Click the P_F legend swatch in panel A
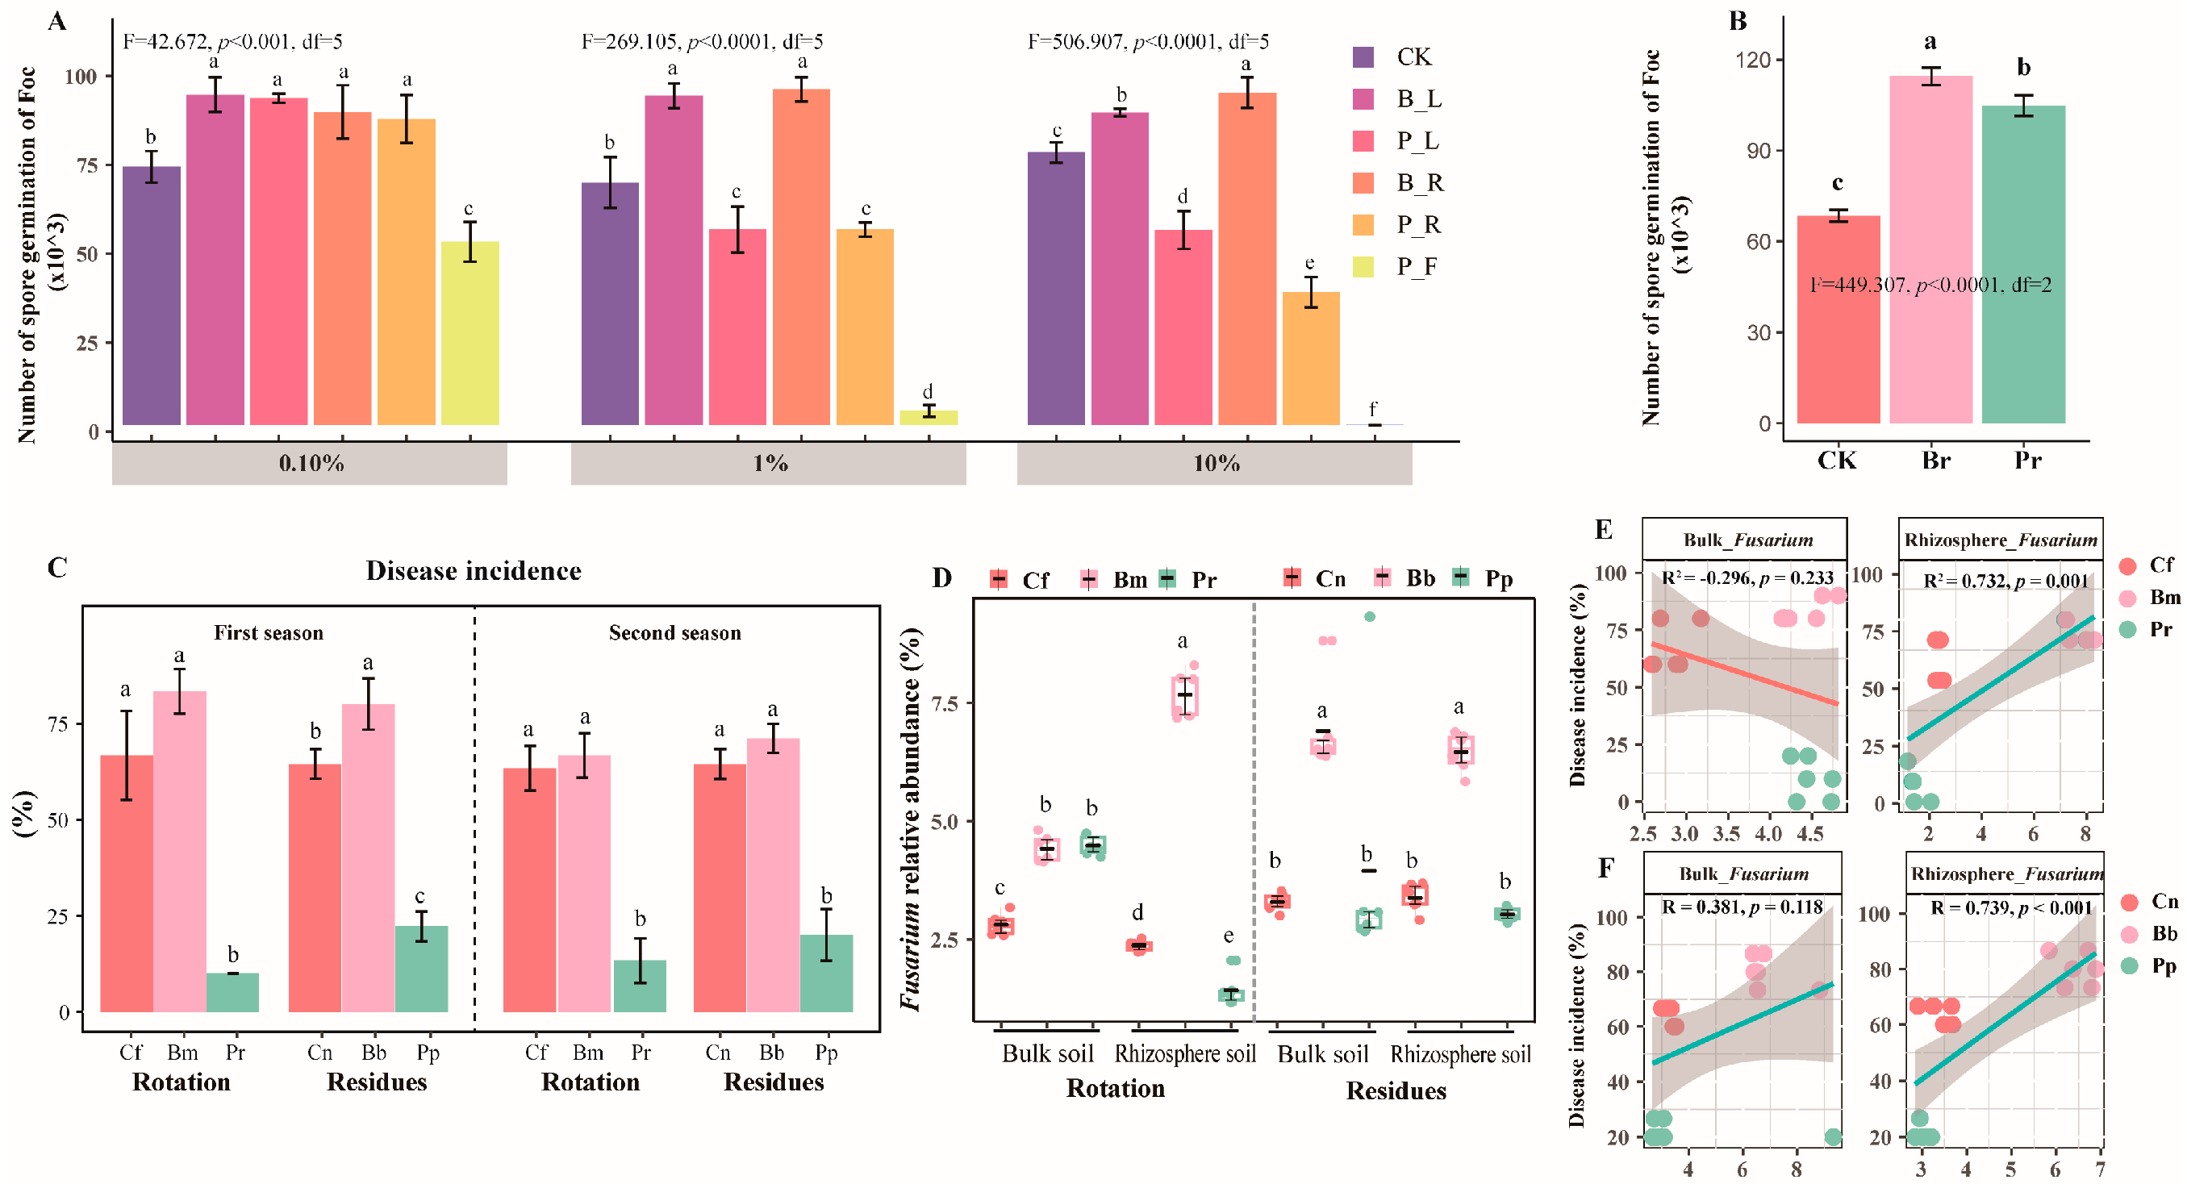pos(1363,266)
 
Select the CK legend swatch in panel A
pos(1363,57)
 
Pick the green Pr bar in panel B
pos(2023,264)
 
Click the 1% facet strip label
pos(769,464)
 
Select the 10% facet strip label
pos(1216,464)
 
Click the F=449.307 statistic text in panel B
pos(1930,286)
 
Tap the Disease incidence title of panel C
pos(473,571)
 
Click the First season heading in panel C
pos(269,633)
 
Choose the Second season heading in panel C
pos(674,633)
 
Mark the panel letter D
pos(941,578)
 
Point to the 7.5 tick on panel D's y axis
pos(943,703)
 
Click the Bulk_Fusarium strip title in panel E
pos(1747,540)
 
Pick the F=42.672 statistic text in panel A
pos(232,42)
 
